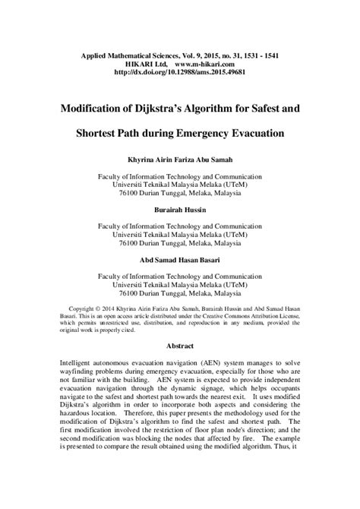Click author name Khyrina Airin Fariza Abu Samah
coord(179,160)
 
